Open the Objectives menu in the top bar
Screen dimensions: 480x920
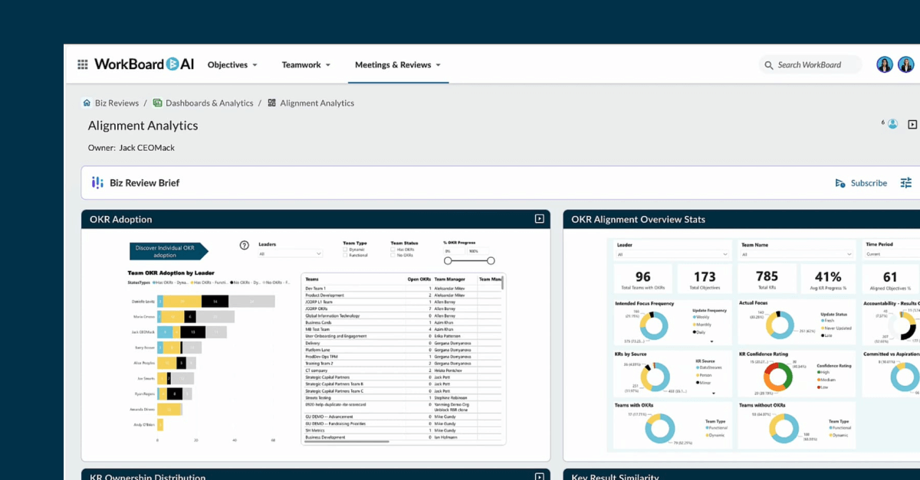tap(232, 65)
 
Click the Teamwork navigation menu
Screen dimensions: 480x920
tap(305, 65)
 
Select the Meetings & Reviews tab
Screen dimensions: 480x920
tap(397, 65)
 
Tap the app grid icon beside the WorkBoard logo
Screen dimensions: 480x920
tap(83, 65)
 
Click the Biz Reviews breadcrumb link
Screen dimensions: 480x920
tap(117, 103)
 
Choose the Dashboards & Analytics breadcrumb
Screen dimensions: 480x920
tap(209, 103)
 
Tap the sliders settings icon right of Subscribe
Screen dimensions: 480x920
tap(906, 183)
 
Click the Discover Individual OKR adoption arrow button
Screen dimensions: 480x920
tap(165, 251)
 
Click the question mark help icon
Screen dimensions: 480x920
tap(245, 246)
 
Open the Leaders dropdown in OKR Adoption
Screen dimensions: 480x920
tap(290, 253)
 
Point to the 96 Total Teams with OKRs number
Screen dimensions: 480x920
tap(642, 276)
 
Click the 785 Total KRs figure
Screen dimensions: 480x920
tap(767, 276)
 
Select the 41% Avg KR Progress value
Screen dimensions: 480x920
tap(829, 276)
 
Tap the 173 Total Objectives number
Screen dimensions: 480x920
tap(705, 276)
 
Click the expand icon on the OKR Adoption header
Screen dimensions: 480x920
tap(539, 219)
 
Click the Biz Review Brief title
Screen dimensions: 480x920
tap(144, 183)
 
